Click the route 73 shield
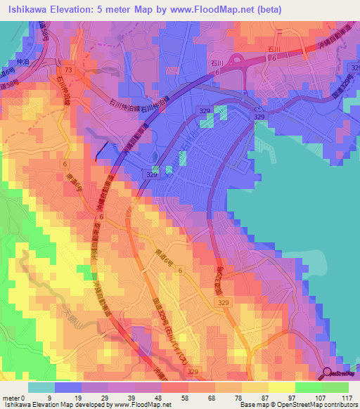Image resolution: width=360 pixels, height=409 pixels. (x=68, y=71)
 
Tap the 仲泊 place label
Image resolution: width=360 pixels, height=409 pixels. (x=21, y=61)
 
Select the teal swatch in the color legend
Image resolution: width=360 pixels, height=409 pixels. (x=41, y=387)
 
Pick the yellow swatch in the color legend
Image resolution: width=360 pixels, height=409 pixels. (x=281, y=387)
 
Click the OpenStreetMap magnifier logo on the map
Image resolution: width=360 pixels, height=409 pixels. (x=328, y=374)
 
